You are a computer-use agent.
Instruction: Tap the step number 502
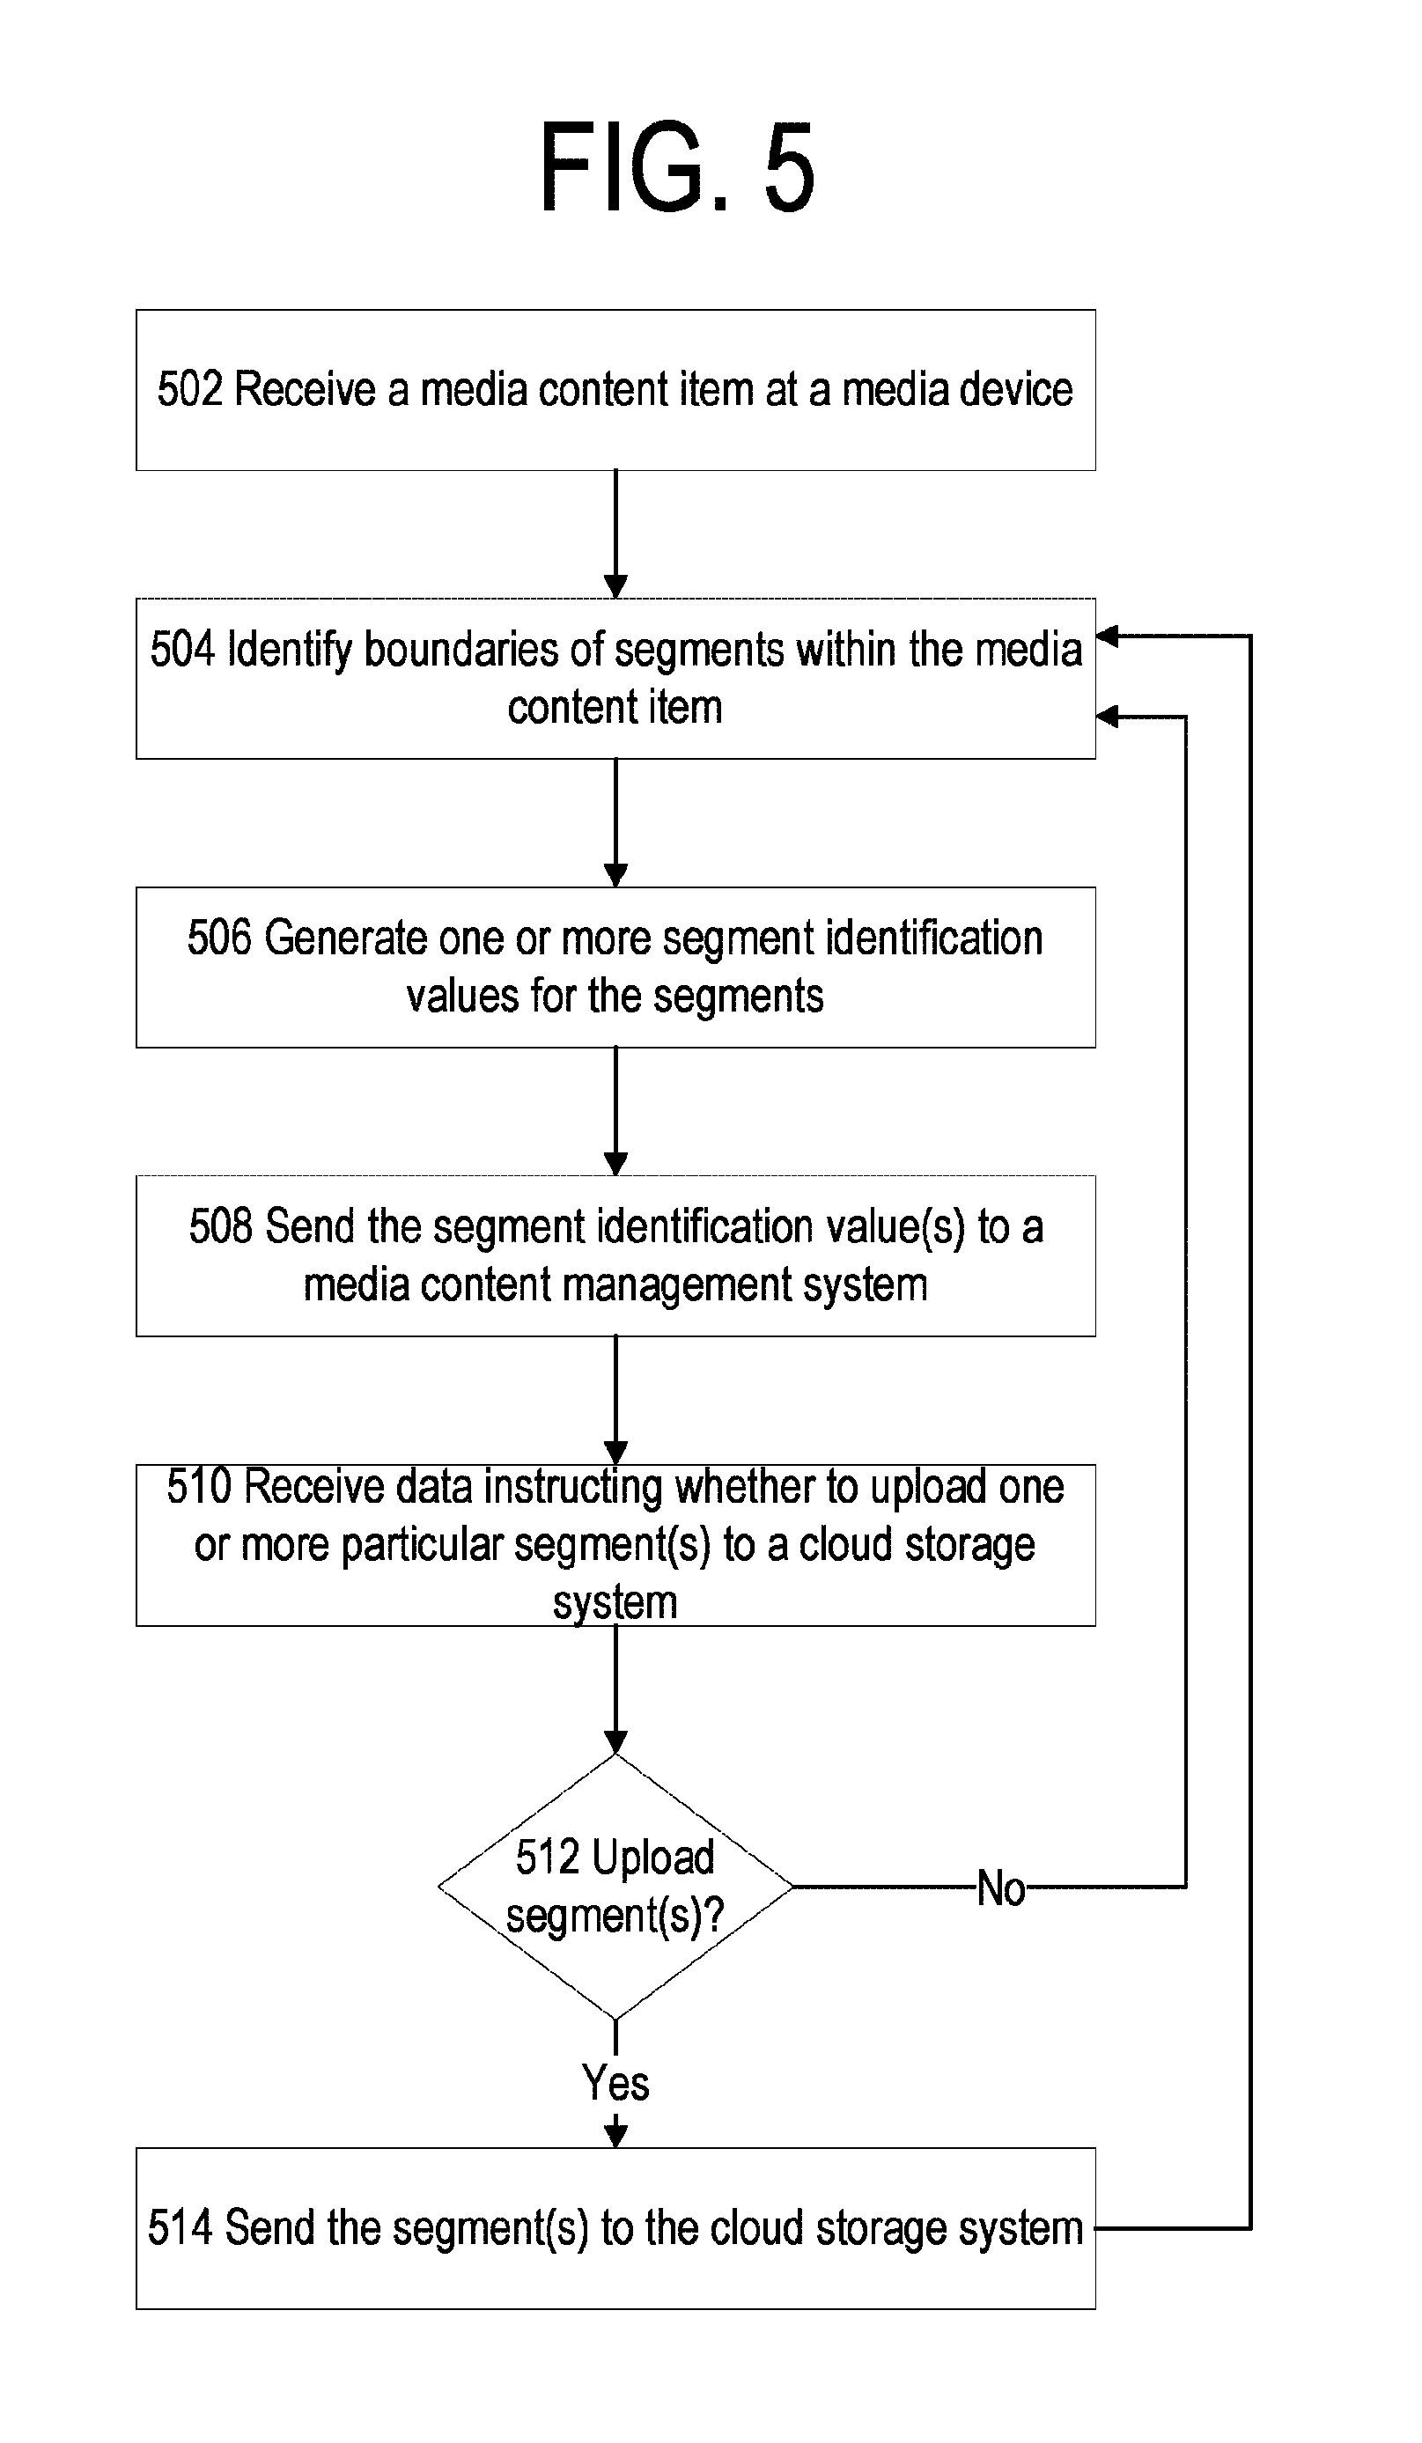(x=190, y=390)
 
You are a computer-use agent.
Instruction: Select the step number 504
(x=182, y=650)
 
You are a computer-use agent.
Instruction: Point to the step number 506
(x=219, y=938)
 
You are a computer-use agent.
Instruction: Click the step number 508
(x=221, y=1226)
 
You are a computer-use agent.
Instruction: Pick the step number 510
(x=199, y=1486)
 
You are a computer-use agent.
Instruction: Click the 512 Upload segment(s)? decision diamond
(x=615, y=1887)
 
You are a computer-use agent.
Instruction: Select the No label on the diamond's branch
(x=1000, y=1888)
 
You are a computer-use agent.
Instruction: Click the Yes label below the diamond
(x=615, y=2082)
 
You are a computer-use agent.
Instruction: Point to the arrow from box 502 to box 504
(x=615, y=534)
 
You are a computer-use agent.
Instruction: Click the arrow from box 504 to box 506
(x=615, y=823)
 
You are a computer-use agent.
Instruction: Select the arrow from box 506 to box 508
(x=615, y=1111)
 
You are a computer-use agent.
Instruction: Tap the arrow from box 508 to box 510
(x=615, y=1400)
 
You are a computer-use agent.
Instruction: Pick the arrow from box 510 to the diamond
(x=615, y=1689)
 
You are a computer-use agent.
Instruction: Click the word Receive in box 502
(x=306, y=390)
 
